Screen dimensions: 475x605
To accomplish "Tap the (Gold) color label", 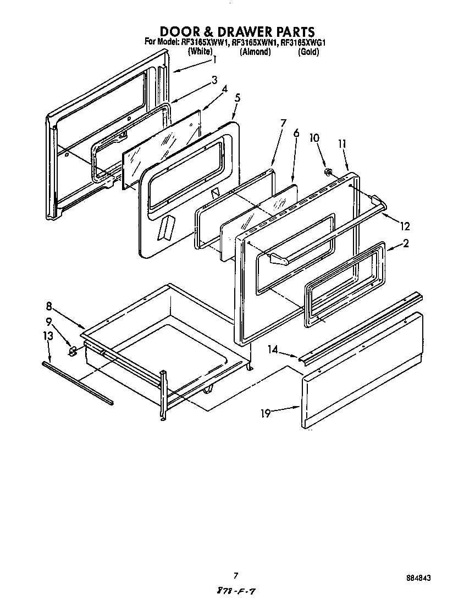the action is click(308, 52).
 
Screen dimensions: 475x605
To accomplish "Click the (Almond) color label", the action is click(255, 52).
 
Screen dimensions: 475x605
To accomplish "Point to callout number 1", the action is click(215, 59).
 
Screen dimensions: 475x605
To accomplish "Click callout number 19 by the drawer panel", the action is click(266, 413).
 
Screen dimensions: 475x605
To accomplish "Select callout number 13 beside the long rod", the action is click(48, 335).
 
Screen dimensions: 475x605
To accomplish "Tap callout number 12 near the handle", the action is click(405, 225).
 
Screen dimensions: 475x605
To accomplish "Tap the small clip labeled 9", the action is click(71, 350).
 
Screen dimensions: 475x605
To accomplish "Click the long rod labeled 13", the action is click(77, 382).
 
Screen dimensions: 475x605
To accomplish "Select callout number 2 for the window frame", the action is click(405, 244).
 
